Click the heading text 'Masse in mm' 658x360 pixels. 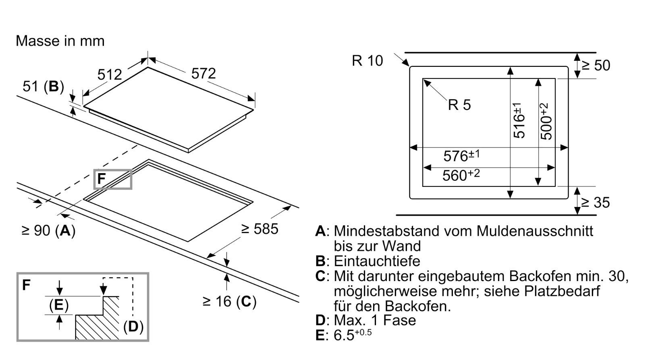click(60, 41)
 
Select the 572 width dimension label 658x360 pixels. click(203, 73)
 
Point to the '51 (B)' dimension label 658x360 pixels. click(43, 87)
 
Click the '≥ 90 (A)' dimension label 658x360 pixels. click(48, 230)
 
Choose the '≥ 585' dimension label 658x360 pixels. click(259, 229)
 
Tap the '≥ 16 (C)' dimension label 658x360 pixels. click(229, 301)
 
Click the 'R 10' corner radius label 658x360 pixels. click(367, 61)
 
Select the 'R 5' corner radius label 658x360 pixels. click(459, 105)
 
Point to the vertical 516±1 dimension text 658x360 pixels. click(519, 120)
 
